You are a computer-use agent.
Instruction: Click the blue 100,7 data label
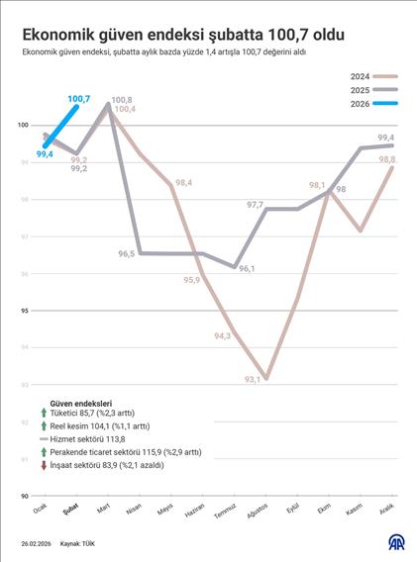tap(79, 99)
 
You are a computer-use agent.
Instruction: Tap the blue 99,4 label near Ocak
tap(44, 154)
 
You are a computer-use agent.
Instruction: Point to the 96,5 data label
tap(126, 254)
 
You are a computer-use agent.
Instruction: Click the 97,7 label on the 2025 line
tap(256, 205)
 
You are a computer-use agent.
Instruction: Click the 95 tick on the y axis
tap(24, 311)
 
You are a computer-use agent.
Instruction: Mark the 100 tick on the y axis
tap(22, 126)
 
